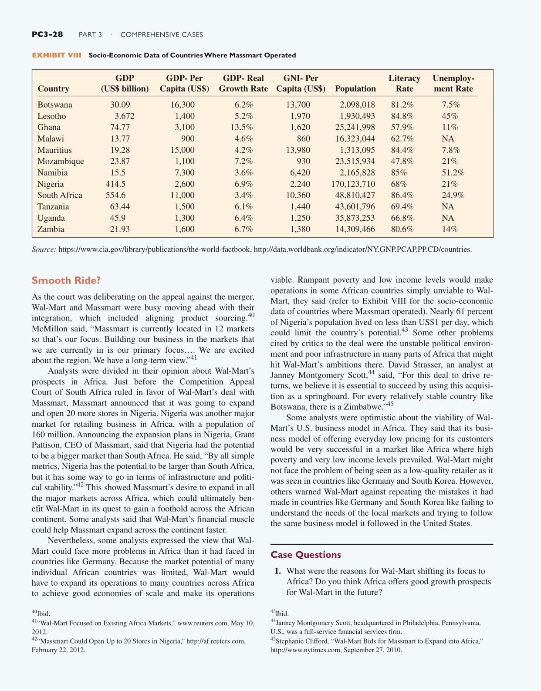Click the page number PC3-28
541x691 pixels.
point(47,34)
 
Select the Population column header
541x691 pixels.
point(355,89)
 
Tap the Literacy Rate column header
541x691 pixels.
point(404,84)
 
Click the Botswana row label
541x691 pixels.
point(55,105)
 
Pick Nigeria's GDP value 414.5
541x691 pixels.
point(115,184)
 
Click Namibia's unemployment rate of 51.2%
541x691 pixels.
point(453,173)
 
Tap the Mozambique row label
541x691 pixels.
point(61,162)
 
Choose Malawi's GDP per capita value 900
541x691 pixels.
point(188,139)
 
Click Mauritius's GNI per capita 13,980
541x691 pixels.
point(298,150)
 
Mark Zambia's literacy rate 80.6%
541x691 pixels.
point(402,229)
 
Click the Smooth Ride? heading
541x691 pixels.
point(66,280)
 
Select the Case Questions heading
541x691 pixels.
point(305,555)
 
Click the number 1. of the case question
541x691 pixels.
point(277,571)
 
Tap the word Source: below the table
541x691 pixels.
point(44,249)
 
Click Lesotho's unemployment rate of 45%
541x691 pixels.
point(450,116)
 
